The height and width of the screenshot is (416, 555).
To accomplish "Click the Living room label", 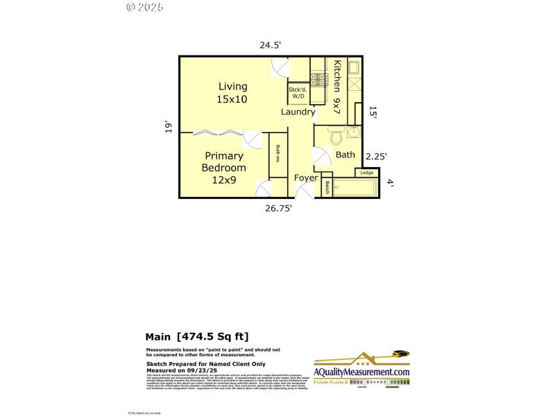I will tap(232, 93).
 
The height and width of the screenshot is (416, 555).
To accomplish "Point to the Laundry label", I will tap(298, 112).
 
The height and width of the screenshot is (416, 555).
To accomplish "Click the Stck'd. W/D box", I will tap(298, 92).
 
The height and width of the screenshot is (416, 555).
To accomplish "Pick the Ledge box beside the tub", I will tap(367, 173).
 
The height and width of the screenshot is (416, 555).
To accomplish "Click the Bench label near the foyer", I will tap(327, 187).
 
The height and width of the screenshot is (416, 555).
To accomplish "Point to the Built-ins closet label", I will tap(277, 154).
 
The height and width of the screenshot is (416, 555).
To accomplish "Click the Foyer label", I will tap(306, 178).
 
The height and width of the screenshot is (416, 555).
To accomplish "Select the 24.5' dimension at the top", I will tap(270, 45).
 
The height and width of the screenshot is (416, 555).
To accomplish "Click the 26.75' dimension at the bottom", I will tap(280, 207).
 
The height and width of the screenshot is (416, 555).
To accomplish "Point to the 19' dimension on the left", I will tap(168, 128).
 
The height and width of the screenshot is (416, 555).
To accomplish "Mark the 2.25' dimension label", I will tap(376, 157).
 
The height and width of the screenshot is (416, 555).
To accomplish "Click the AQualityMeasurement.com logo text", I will tap(361, 372).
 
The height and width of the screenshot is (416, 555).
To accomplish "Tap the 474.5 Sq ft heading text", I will tap(197, 336).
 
